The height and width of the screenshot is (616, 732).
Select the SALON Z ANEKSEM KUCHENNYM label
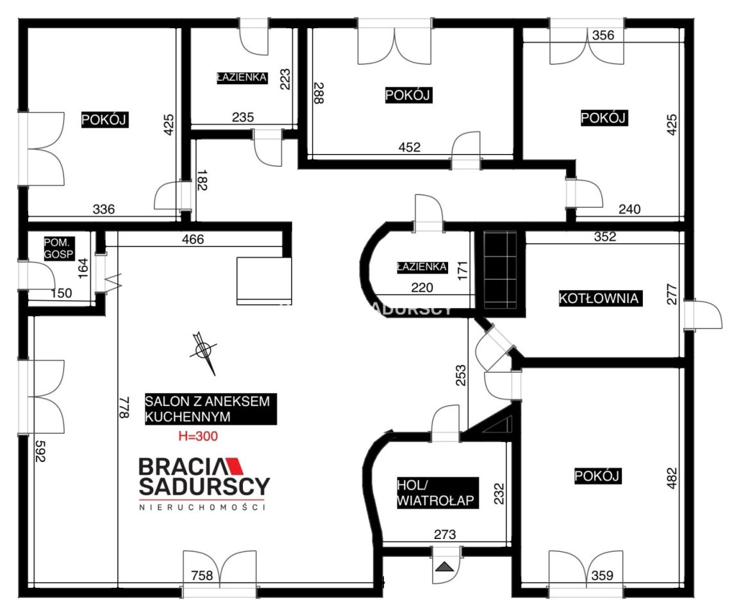(x=210, y=409)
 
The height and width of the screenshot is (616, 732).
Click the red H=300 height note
(x=198, y=436)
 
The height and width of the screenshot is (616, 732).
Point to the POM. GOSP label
(x=59, y=248)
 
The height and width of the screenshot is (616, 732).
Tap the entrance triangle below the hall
(x=445, y=567)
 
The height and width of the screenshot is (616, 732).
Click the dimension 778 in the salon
(x=124, y=407)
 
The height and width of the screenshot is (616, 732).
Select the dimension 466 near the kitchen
(x=193, y=239)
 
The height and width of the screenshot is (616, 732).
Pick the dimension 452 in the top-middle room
(x=410, y=147)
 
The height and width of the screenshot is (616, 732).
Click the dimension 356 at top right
(x=603, y=35)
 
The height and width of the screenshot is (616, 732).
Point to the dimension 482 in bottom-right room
(x=671, y=478)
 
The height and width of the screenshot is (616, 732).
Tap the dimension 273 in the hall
(x=445, y=535)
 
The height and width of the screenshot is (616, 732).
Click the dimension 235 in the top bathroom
(x=243, y=117)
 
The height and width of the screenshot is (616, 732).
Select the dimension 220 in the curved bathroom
(x=422, y=287)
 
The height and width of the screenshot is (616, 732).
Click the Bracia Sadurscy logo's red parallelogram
(x=235, y=466)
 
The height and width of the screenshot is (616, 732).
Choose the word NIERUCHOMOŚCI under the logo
(x=202, y=507)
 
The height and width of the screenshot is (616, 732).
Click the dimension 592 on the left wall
(x=40, y=451)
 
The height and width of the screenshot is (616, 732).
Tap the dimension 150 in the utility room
(x=61, y=293)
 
